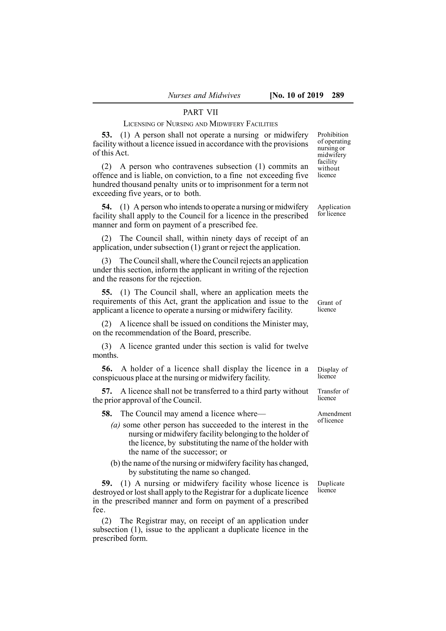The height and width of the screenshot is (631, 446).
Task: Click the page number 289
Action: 338,95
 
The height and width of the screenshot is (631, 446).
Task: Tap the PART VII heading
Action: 200,112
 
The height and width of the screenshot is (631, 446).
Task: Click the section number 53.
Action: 107,135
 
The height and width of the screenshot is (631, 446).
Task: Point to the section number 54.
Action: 107,207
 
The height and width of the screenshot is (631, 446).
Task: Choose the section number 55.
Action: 107,292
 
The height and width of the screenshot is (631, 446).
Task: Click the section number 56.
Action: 107,369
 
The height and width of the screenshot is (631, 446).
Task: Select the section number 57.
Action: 107,391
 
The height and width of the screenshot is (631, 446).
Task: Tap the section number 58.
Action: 107,414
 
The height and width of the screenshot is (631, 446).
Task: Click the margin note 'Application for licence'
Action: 334,210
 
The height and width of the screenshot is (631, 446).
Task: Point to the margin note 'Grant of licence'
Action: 329,306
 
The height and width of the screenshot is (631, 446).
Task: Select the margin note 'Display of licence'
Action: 332,373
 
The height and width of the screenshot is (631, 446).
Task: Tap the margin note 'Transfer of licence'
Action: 333,395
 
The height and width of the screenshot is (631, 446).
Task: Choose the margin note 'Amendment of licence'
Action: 334,417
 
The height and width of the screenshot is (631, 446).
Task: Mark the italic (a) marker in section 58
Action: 115,425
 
